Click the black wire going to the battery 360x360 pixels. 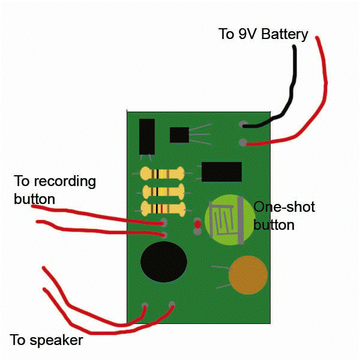(x=292, y=90)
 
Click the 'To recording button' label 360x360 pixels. (x=54, y=189)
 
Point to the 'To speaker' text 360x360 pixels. (x=46, y=340)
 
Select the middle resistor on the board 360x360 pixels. (x=161, y=192)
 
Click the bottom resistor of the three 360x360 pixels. (x=161, y=209)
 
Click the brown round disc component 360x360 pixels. (x=248, y=275)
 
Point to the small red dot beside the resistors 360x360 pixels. (x=197, y=224)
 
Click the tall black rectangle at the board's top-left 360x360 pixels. (x=146, y=136)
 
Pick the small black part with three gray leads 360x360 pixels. (x=180, y=135)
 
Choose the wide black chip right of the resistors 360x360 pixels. (x=221, y=172)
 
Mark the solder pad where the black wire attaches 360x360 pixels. (x=243, y=125)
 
